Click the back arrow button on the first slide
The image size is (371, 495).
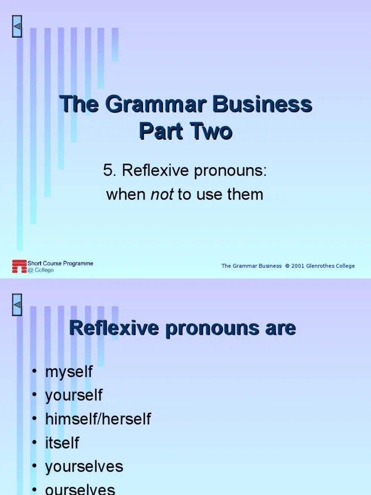click(17, 29)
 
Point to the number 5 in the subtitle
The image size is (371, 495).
click(107, 170)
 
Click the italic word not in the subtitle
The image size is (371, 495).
click(162, 195)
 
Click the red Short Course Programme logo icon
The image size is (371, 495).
click(19, 266)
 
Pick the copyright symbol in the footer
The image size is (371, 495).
click(287, 266)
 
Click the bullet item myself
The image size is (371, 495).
click(69, 372)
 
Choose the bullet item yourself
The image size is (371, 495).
click(74, 395)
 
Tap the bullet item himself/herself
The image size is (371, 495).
click(98, 419)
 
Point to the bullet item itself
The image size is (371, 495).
click(62, 442)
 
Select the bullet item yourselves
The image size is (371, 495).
click(84, 466)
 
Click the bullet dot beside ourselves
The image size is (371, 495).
click(34, 489)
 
